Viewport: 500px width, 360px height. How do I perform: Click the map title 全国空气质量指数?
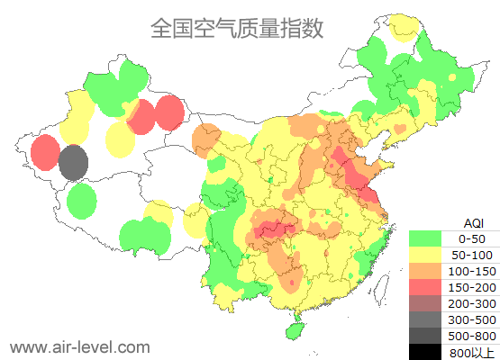tap(236, 29)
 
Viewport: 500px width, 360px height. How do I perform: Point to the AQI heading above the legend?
tap(473, 222)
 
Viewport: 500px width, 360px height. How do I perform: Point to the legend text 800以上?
tap(472, 352)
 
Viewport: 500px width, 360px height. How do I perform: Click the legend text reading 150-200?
tap(472, 287)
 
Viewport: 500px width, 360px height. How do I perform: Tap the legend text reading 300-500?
tap(472, 319)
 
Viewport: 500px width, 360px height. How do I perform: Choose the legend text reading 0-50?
tap(472, 238)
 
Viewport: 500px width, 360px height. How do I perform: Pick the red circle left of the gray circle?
tap(45, 152)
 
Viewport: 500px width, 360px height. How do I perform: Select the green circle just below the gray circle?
tap(81, 201)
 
